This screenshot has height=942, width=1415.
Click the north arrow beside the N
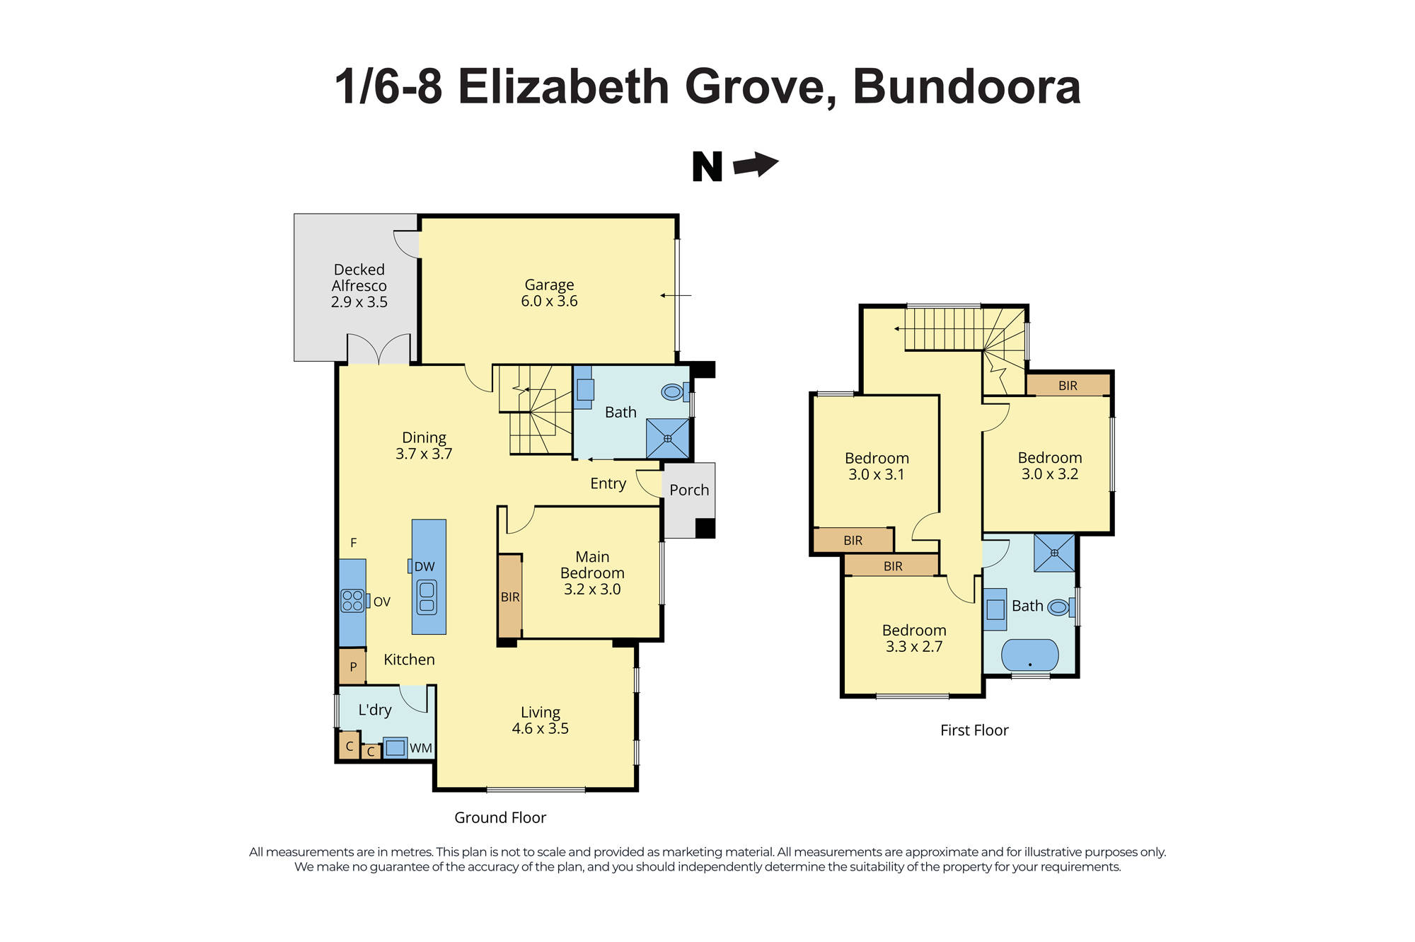(756, 164)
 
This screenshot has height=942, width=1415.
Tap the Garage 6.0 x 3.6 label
(549, 293)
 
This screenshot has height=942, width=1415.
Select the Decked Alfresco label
(359, 285)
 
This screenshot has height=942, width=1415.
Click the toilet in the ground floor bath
(672, 391)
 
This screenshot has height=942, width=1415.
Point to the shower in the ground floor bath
(667, 438)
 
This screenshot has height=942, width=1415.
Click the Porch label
(689, 490)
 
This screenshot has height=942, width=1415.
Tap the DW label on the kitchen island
(424, 566)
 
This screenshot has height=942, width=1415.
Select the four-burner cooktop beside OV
(352, 601)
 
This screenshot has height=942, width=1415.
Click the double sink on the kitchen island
(427, 597)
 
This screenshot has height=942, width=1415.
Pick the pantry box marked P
(352, 667)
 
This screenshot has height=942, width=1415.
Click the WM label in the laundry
(420, 748)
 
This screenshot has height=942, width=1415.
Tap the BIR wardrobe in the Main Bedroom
(510, 597)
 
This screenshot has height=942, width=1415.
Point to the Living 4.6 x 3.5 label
(541, 720)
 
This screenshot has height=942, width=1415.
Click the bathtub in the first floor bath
(1029, 655)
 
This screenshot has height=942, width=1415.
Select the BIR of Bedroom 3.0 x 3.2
(1068, 385)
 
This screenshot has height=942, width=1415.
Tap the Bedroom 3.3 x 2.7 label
(913, 638)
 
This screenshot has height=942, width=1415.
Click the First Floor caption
(974, 730)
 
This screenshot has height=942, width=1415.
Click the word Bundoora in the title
(966, 87)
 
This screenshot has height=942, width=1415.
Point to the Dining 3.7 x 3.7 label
(424, 445)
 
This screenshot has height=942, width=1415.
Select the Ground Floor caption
(499, 817)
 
